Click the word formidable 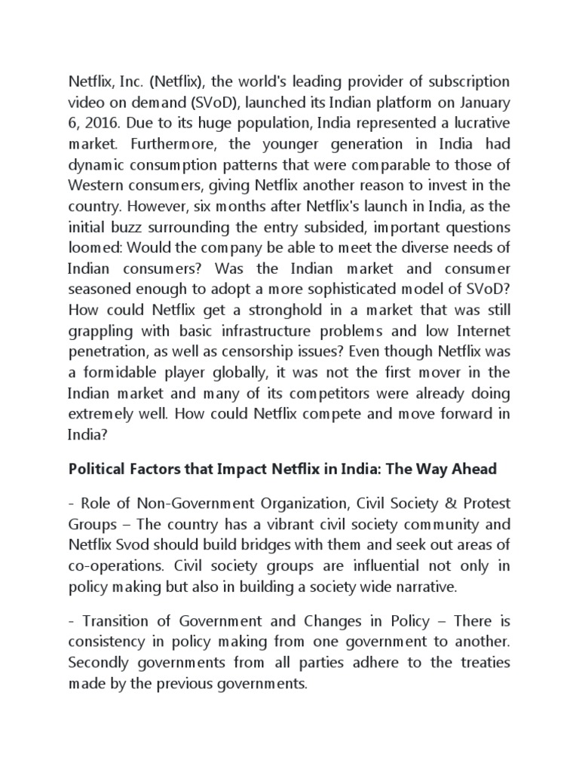(118, 372)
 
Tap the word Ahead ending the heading (475, 469)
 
